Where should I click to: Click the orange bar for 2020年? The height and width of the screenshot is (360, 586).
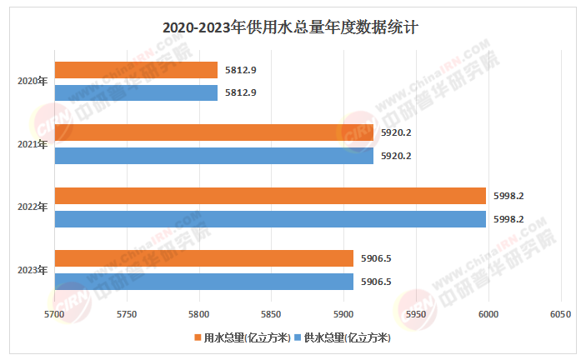[136, 70]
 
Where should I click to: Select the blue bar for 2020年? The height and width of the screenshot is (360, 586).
[136, 92]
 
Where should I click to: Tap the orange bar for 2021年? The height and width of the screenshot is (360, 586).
[203, 132]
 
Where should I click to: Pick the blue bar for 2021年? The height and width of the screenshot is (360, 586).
[203, 155]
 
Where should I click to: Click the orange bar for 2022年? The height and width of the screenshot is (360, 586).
[270, 196]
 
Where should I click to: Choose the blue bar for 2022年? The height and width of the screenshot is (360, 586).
[270, 218]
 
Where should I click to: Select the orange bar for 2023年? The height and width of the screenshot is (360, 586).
[204, 258]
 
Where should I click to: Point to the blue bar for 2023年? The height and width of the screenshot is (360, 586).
[204, 281]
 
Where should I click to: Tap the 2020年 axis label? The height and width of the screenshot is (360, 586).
[33, 82]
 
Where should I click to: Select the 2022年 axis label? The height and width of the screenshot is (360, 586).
[33, 207]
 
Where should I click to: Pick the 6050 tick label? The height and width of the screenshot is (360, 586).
[560, 314]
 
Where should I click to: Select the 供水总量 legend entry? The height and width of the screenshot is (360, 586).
[342, 337]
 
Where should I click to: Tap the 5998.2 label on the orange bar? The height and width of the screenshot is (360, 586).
[508, 196]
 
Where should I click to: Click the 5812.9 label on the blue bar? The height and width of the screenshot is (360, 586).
[239, 92]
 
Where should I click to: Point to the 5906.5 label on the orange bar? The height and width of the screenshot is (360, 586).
[376, 258]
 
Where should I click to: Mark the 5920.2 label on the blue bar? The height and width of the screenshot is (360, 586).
[396, 155]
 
